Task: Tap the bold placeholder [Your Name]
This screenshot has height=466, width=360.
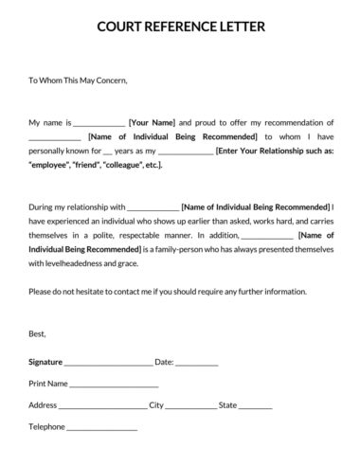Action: [152, 123]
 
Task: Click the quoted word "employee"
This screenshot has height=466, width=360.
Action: [54, 165]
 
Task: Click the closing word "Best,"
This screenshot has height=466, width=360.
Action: [38, 333]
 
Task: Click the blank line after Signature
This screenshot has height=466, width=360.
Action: [108, 363]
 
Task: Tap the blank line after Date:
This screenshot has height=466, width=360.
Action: [197, 363]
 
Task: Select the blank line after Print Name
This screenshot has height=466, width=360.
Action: [114, 385]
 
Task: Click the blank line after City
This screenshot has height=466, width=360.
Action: [190, 406]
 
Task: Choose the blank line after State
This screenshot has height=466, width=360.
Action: [256, 406]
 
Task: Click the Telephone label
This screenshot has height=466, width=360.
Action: [46, 426]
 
